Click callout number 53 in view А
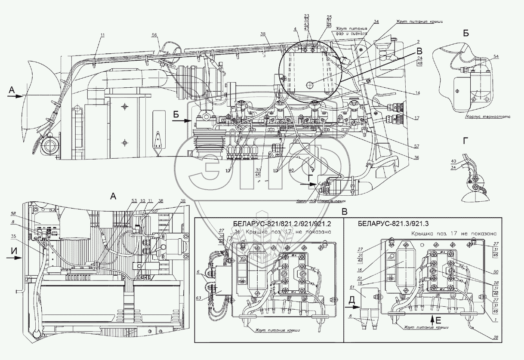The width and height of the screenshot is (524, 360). tap(134, 201)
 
